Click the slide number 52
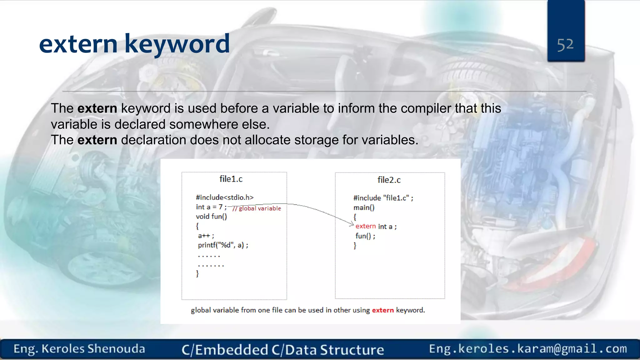point(565,45)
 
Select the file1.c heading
point(231,179)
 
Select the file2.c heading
point(389,180)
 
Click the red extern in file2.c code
point(365,226)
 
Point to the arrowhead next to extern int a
point(352,224)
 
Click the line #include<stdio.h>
point(225,197)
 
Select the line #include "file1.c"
point(383,198)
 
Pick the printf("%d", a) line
point(223,245)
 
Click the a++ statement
point(206,236)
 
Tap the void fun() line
point(211,217)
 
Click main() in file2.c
point(364,208)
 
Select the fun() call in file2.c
point(365,236)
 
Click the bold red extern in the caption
point(382,310)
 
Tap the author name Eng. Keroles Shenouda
point(79,349)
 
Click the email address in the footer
point(528,349)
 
